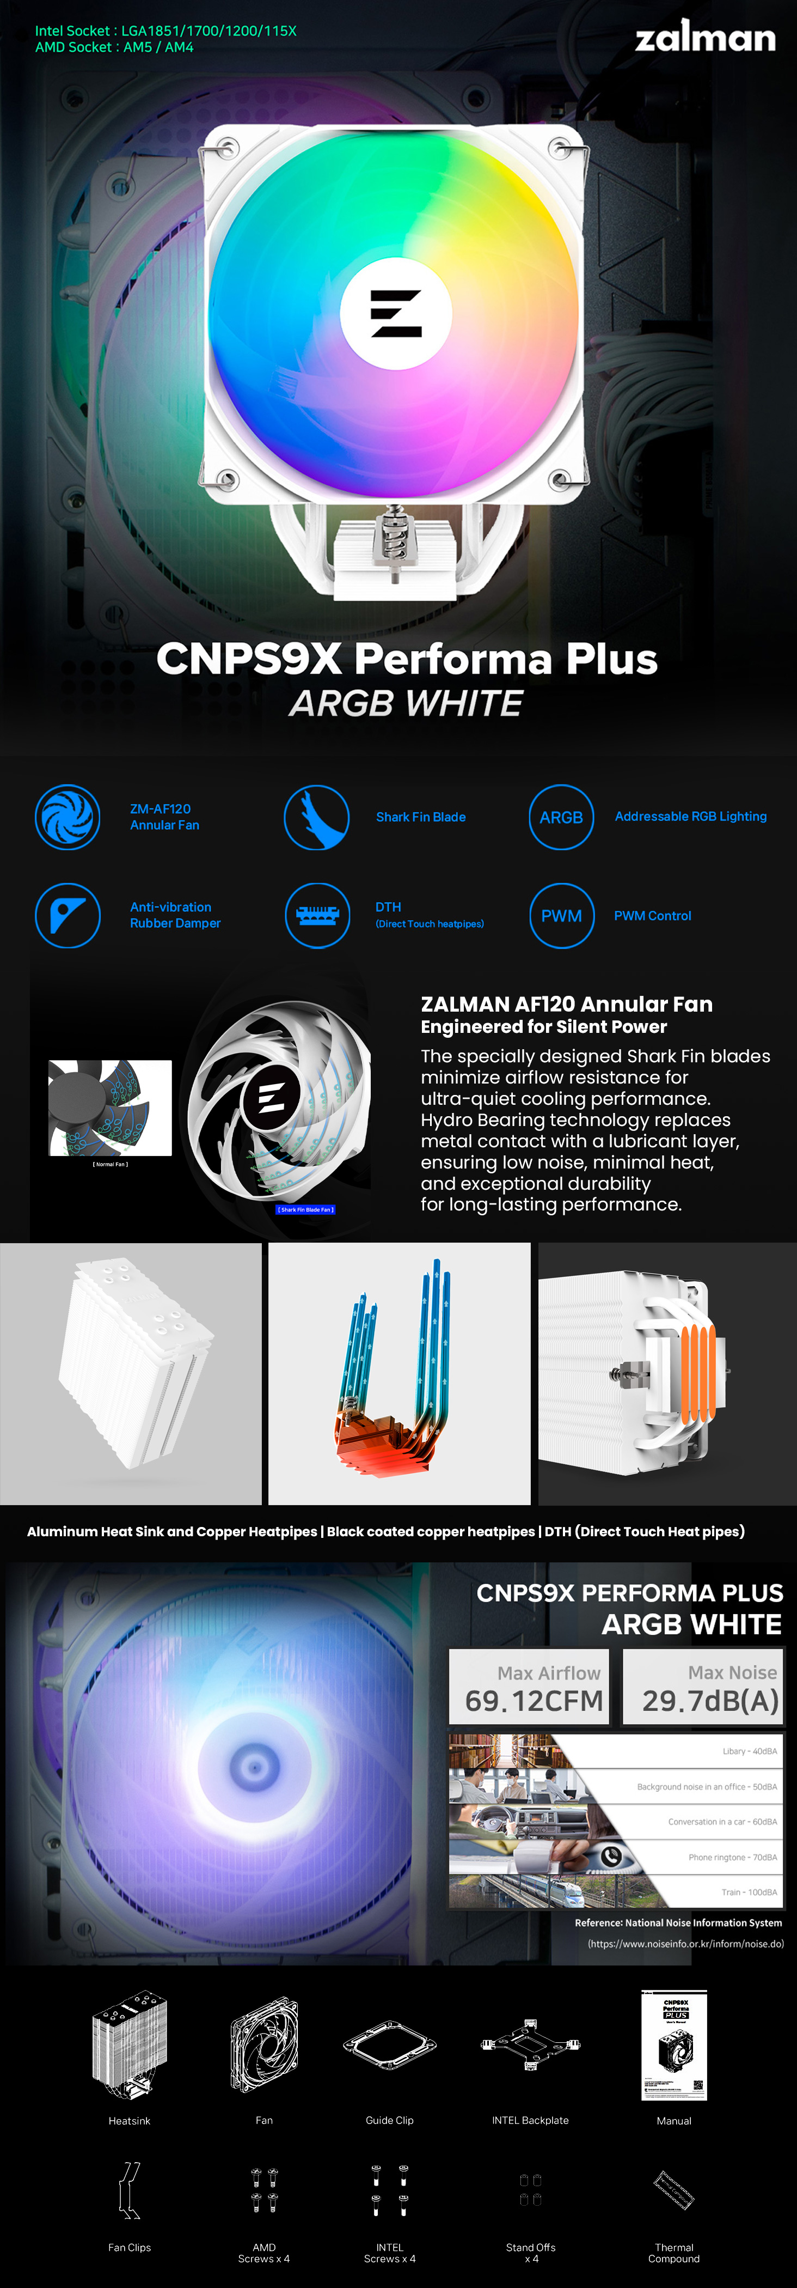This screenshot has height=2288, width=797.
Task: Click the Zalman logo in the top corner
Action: (704, 36)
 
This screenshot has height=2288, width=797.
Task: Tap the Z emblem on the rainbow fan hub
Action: (396, 314)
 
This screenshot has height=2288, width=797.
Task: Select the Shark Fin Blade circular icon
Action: (316, 817)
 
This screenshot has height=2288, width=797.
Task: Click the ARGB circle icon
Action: (561, 817)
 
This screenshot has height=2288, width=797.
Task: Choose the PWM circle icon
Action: (561, 916)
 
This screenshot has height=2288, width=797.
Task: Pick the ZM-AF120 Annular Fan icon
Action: (68, 817)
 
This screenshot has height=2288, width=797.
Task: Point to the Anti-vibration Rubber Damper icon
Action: (68, 916)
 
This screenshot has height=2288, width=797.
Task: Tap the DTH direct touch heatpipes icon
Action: (317, 916)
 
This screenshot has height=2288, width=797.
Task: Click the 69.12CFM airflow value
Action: (534, 1701)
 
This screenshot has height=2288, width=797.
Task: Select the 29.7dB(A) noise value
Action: (710, 1701)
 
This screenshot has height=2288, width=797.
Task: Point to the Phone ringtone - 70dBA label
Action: (732, 1857)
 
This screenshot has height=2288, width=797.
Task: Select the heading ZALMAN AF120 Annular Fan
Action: (566, 1005)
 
